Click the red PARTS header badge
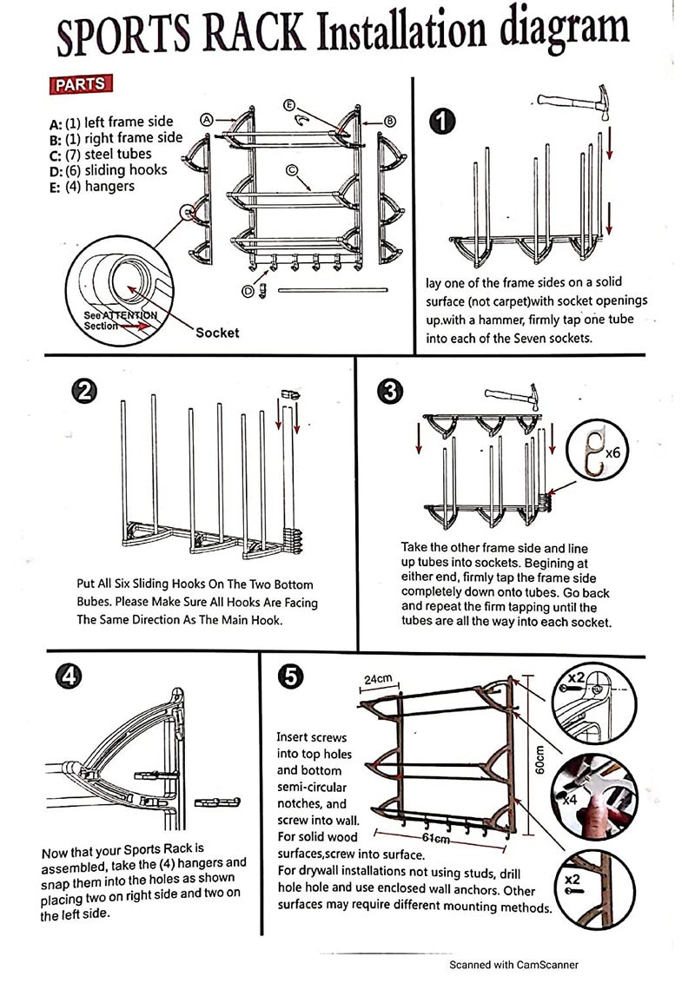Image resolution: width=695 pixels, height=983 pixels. [x=82, y=85]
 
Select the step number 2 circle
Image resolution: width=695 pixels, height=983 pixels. [x=84, y=392]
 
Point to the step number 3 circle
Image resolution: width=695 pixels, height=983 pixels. [x=391, y=392]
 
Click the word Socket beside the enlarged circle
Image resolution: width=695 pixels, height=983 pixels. [x=217, y=332]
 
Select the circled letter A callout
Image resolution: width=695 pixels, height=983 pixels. [x=207, y=120]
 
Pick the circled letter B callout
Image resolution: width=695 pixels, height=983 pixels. [x=390, y=122]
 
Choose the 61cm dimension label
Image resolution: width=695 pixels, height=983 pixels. [x=434, y=838]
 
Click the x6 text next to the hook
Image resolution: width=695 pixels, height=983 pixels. [x=612, y=452]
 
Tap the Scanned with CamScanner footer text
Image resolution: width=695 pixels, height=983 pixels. [x=513, y=964]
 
